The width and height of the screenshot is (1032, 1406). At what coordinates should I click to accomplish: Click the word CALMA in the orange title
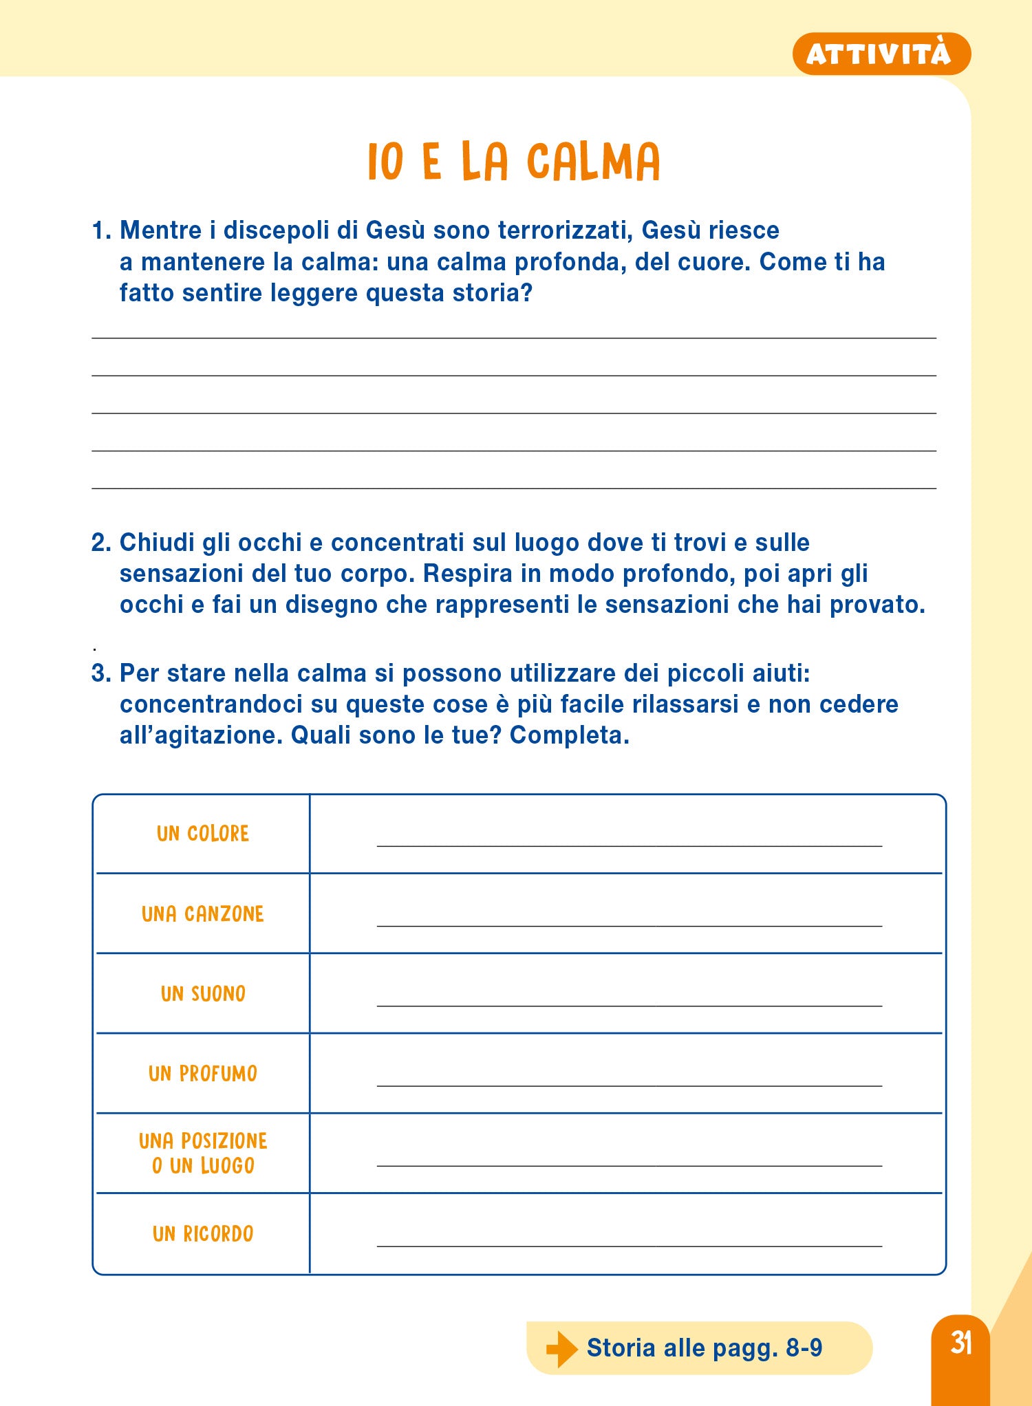(x=593, y=162)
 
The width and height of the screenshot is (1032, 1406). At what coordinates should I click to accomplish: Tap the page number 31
(x=960, y=1342)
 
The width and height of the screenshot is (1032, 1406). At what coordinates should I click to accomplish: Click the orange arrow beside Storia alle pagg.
(x=561, y=1348)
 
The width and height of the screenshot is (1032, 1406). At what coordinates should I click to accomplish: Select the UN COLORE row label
(x=203, y=834)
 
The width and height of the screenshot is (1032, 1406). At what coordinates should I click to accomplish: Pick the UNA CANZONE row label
(x=203, y=913)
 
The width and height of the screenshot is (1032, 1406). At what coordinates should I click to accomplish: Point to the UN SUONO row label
(x=203, y=993)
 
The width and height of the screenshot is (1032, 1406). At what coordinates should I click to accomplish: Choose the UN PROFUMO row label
(x=203, y=1073)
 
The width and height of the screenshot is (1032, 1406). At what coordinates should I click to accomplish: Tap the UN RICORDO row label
(x=203, y=1233)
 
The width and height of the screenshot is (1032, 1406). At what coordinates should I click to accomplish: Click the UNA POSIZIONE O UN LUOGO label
(x=203, y=1153)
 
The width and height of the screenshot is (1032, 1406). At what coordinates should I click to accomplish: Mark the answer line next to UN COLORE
(x=629, y=845)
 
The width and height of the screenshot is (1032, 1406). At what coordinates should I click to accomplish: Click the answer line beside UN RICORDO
(x=629, y=1245)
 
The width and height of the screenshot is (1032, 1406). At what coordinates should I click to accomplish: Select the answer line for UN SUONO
(x=629, y=1005)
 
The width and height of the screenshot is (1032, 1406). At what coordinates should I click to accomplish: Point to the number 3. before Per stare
(x=101, y=673)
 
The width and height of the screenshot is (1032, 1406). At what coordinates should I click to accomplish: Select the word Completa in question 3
(x=569, y=735)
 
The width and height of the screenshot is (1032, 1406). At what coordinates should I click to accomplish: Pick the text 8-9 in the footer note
(x=804, y=1348)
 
